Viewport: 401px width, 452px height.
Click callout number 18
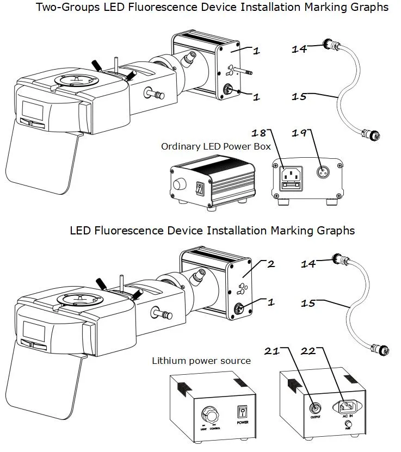pos(258,133)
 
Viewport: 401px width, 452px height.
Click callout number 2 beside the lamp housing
pos(270,264)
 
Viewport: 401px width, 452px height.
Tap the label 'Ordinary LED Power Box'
pos(216,146)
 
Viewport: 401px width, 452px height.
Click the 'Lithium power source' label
pos(201,361)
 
